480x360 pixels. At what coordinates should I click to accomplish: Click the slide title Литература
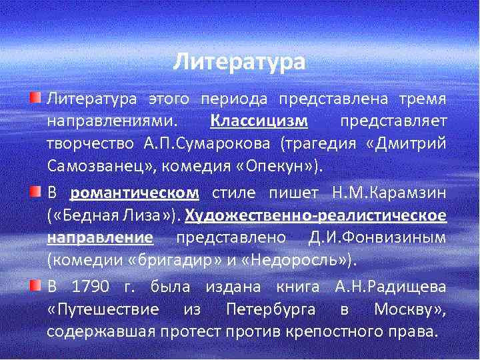coord(239,63)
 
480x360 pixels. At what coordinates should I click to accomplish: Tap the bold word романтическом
coord(135,193)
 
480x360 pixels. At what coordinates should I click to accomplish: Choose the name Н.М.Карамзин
coord(389,193)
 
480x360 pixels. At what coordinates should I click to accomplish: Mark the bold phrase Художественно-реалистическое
coord(315,216)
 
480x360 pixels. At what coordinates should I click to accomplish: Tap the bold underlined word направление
coord(100,238)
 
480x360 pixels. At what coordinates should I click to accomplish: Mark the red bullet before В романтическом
coord(35,193)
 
